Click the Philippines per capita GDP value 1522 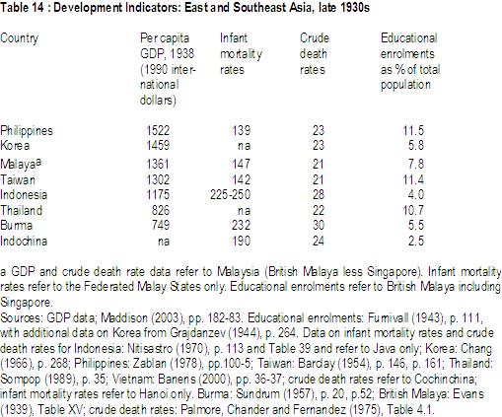(x=158, y=130)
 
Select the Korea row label (x=15, y=145)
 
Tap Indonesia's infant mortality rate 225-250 (x=230, y=194)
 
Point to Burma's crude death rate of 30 (x=319, y=225)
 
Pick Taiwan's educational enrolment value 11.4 (x=413, y=179)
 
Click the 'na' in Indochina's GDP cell (x=164, y=242)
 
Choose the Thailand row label (x=22, y=210)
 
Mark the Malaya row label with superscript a (x=21, y=164)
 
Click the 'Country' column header (x=20, y=38)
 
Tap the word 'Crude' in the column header (x=315, y=37)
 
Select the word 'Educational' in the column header (x=409, y=37)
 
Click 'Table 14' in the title (x=22, y=7)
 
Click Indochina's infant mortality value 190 (x=242, y=241)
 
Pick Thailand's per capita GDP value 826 (x=161, y=210)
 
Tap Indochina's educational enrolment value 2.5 (x=416, y=241)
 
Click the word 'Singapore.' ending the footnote (x=26, y=303)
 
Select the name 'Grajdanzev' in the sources (x=197, y=333)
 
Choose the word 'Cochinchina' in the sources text (x=445, y=379)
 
